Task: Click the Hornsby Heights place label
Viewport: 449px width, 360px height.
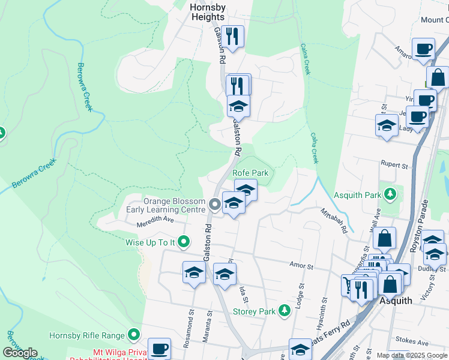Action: pyautogui.click(x=207, y=12)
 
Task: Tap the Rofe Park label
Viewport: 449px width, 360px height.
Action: pyautogui.click(x=253, y=173)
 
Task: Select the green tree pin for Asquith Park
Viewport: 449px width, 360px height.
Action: pyautogui.click(x=390, y=194)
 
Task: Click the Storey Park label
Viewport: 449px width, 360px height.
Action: pyautogui.click(x=253, y=311)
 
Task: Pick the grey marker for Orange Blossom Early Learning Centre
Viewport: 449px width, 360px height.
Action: pyautogui.click(x=214, y=206)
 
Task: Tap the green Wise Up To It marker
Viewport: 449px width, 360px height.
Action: pyautogui.click(x=184, y=242)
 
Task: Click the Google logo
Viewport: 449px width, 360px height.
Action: pyautogui.click(x=20, y=353)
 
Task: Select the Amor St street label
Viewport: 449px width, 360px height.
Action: pyautogui.click(x=301, y=265)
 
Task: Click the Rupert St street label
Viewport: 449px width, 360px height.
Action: pyautogui.click(x=394, y=163)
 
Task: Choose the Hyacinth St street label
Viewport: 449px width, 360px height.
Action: pyautogui.click(x=324, y=311)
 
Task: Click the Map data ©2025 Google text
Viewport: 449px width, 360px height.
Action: pyautogui.click(x=411, y=355)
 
